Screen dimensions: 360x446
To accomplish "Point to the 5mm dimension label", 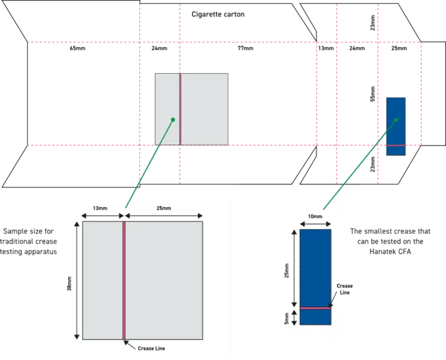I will coord(286,318).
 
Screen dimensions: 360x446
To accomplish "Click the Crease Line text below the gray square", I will coord(151,348).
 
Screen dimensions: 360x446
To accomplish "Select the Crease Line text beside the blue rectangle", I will coord(344,289).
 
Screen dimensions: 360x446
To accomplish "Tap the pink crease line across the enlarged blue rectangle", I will coord(315,308).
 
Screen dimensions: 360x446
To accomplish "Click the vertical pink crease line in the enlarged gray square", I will coord(123,280).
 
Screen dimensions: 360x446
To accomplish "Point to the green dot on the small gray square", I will coord(172,120).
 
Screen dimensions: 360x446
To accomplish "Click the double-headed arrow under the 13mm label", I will coord(100,215).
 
